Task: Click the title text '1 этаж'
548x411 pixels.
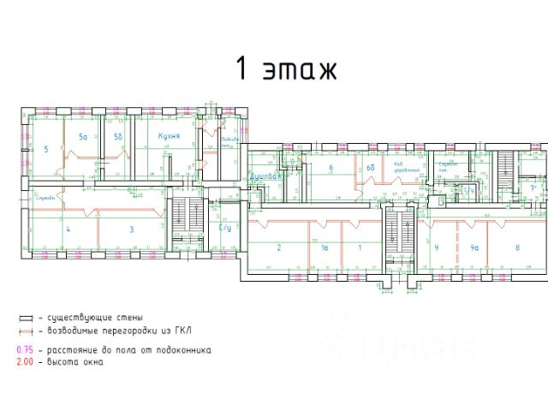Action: click(287, 68)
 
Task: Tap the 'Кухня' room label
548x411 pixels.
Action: click(167, 136)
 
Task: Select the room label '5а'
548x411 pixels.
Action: click(83, 137)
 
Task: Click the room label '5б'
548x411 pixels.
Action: click(119, 137)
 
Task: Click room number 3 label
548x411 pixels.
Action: click(132, 229)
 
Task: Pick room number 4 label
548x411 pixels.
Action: click(68, 229)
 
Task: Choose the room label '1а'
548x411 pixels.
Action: click(325, 247)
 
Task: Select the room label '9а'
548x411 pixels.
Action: click(474, 247)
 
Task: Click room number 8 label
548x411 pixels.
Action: click(517, 247)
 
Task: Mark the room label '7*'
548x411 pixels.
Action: click(533, 188)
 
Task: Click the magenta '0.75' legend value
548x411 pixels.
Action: click(28, 350)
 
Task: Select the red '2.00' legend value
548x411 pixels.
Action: click(28, 362)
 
